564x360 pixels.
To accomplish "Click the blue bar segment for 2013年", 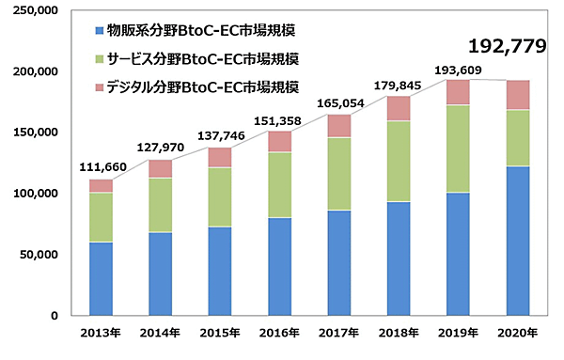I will pos(102,278).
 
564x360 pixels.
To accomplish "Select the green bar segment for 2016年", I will pos(279,184).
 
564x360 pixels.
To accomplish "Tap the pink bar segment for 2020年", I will pos(518,95).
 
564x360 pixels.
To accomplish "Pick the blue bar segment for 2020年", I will pos(518,241).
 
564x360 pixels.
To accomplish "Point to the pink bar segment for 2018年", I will pos(399,108).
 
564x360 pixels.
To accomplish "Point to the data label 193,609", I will pos(457,70).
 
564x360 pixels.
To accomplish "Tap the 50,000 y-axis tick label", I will pos(41,254).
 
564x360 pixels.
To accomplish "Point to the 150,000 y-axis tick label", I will pos(39,133).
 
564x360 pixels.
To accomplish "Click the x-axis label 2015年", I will pos(220,334).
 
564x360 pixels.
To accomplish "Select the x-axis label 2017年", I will pos(338,334).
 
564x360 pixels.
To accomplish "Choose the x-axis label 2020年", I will pos(518,334).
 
